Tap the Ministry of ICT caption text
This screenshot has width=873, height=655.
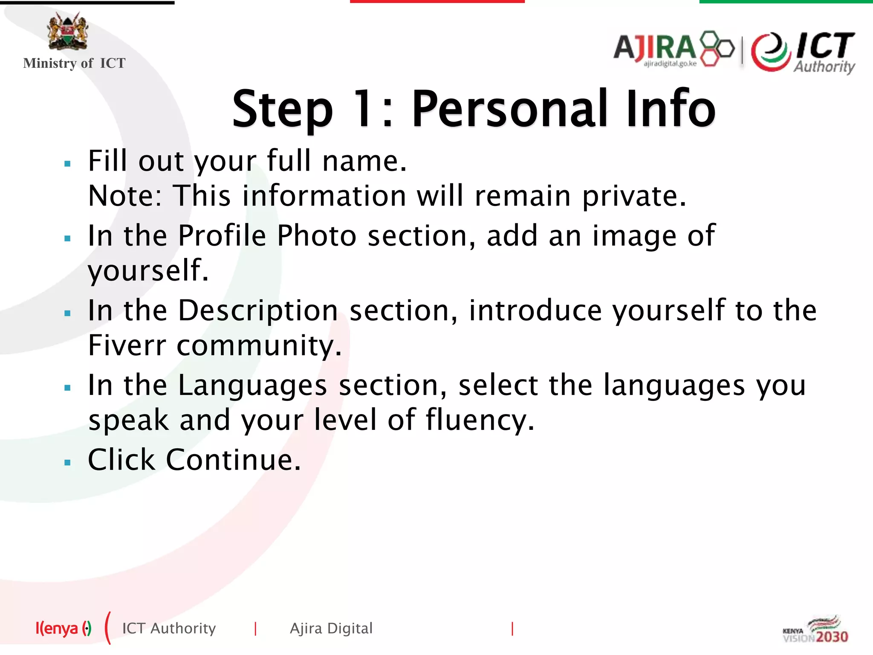(x=74, y=63)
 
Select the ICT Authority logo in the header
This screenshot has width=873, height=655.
(x=804, y=52)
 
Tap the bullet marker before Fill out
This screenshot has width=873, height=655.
(x=67, y=163)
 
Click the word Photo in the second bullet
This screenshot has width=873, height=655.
(x=316, y=236)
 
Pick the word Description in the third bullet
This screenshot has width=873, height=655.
(x=258, y=311)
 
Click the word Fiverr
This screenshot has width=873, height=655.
(x=127, y=345)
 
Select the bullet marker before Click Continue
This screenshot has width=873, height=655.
(x=67, y=462)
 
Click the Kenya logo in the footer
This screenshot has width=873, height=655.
(x=63, y=629)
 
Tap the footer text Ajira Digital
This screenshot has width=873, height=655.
(x=331, y=629)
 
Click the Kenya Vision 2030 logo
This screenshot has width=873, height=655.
(x=815, y=630)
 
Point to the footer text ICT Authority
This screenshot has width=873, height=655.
(x=169, y=629)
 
